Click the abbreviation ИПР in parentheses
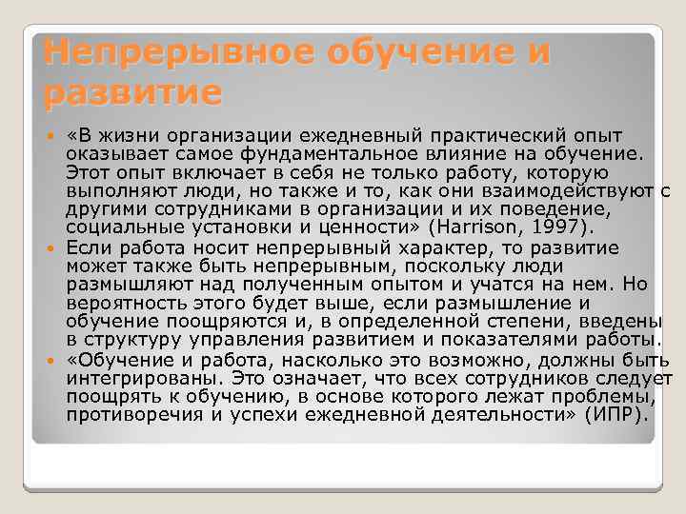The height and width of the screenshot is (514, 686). point(618,416)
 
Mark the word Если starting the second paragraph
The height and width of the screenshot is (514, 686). point(89,247)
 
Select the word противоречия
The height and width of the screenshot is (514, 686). point(131,416)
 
